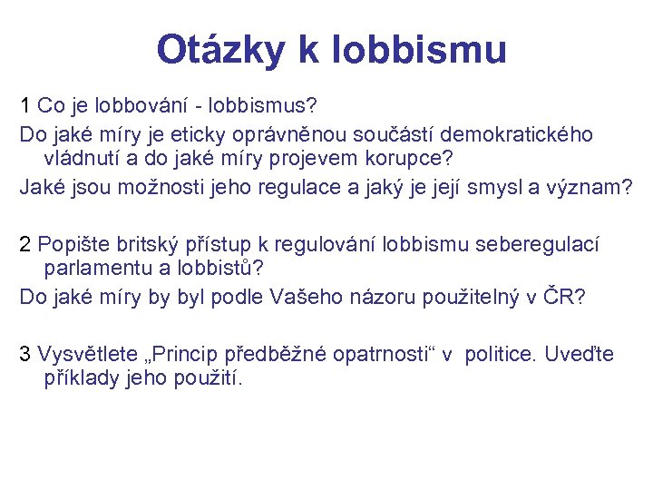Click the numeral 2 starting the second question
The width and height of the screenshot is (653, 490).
pyautogui.click(x=25, y=243)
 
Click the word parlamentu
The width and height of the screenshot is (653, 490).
pyautogui.click(x=93, y=269)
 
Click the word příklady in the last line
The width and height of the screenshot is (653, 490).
pyautogui.click(x=81, y=377)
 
